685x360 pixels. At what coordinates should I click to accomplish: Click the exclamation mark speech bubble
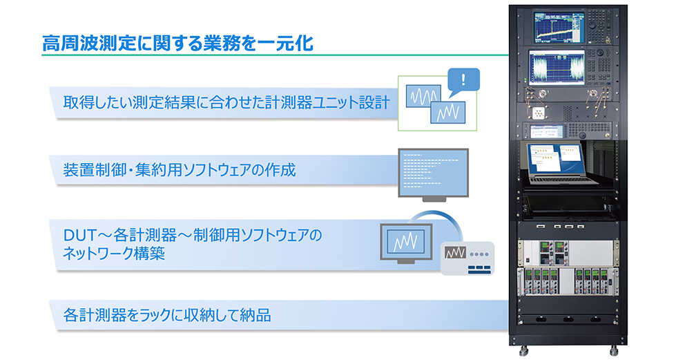pos(463,82)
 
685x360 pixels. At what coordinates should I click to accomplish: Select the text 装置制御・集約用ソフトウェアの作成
pos(179,169)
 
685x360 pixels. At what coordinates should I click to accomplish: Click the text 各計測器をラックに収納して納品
pos(166,316)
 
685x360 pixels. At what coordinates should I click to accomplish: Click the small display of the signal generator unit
pos(552,129)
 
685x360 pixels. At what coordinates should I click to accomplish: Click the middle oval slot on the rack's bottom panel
pos(567,319)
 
